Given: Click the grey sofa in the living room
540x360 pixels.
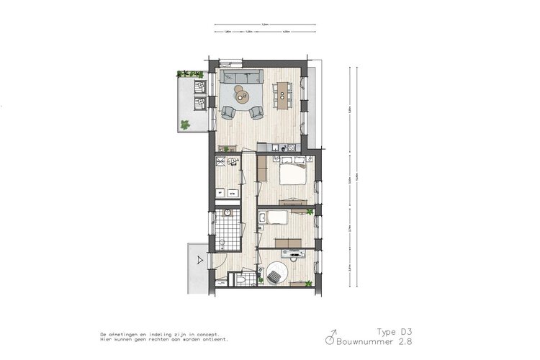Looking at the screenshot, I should [x=243, y=77].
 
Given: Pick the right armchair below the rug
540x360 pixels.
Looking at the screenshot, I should [x=256, y=112].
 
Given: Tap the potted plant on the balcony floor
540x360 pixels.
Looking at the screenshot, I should [x=186, y=125].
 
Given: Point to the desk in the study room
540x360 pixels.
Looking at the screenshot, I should [x=297, y=253].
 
